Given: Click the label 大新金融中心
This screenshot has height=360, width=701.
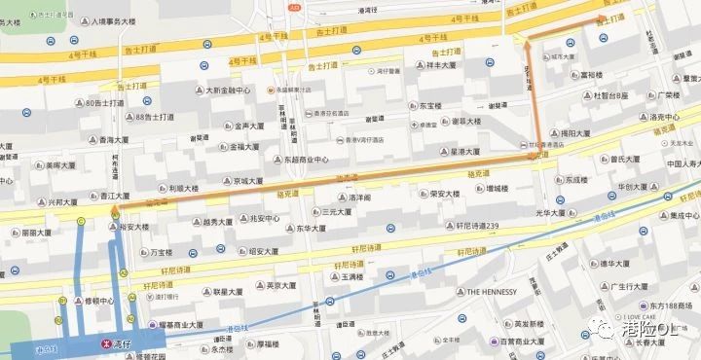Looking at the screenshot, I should (x=228, y=90).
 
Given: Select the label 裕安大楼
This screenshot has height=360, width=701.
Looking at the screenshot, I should (x=134, y=227).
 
